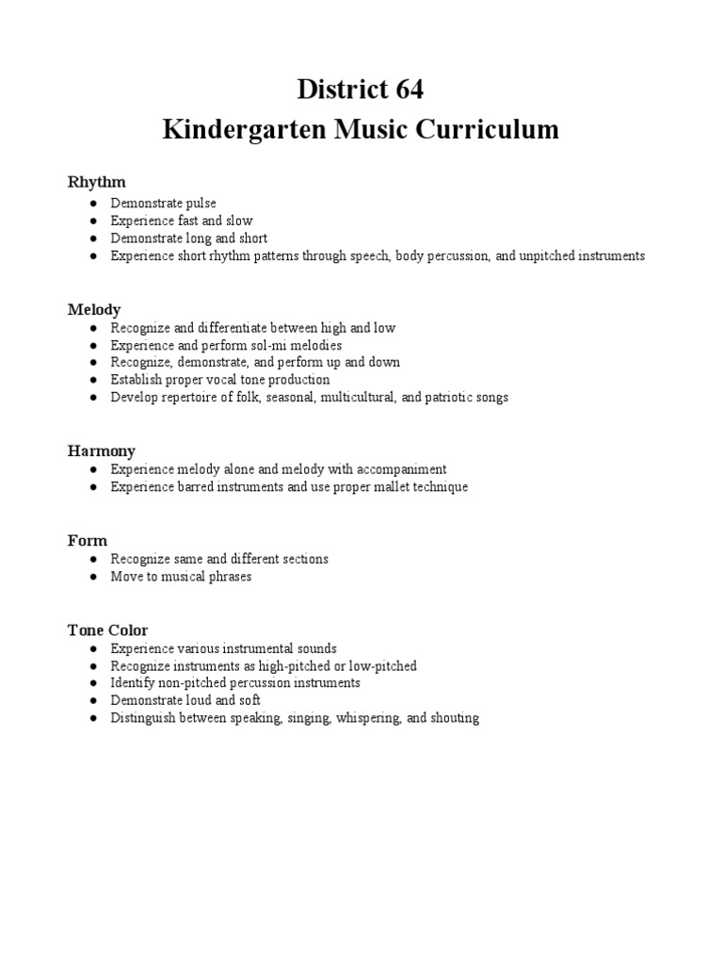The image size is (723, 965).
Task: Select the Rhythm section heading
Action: (x=96, y=181)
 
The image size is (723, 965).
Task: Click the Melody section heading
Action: (x=94, y=309)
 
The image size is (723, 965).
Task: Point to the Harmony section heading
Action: (x=102, y=451)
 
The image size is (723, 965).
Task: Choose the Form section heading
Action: (x=88, y=541)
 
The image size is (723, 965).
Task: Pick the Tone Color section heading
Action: (x=107, y=630)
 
